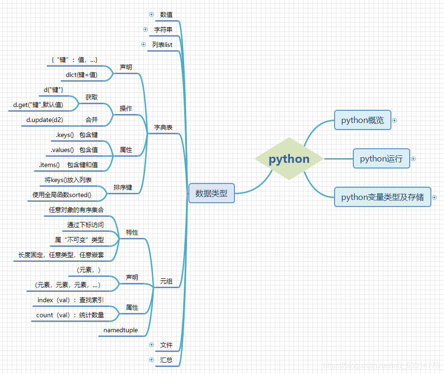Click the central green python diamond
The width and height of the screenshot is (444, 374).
coord(289,159)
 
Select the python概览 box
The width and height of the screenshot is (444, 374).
coord(362,120)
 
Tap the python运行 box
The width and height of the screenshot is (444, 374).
coord(381,159)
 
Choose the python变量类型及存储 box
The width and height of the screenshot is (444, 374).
coord(382,197)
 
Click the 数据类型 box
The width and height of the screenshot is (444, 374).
coord(211,193)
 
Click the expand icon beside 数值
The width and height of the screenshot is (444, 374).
coord(151,14)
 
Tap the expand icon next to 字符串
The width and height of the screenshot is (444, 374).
coord(146,29)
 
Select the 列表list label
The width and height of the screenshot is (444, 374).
coord(162,45)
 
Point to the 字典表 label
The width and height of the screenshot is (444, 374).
coord(163,127)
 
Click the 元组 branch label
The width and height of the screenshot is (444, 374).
coord(166,281)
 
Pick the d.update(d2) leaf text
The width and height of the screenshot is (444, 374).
coord(45,120)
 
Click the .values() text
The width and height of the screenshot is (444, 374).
coord(62,150)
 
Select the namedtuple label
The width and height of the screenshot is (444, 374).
coord(121,330)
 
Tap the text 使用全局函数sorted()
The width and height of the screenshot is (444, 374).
coord(62,195)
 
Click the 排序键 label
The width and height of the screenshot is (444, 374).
coord(123,187)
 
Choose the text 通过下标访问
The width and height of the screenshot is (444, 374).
coord(86,225)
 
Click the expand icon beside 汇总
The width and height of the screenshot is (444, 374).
coord(151,359)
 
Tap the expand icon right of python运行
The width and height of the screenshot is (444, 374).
coord(413,159)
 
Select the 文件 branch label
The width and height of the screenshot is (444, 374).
coord(166,345)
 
